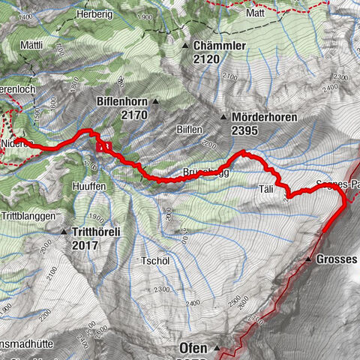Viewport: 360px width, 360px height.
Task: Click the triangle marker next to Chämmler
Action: click(185, 46)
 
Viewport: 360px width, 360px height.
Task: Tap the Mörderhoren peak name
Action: click(265, 118)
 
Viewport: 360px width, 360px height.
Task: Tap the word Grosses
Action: click(337, 259)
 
